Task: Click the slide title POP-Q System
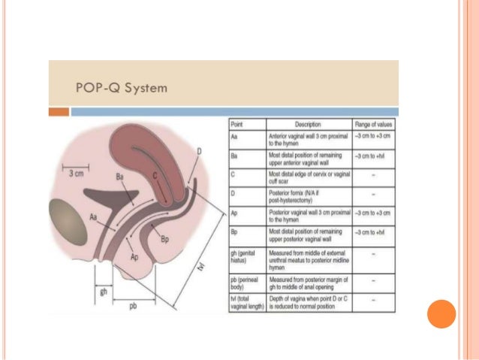point(122,87)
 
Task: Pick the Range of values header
point(373,123)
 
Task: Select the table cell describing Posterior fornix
point(308,199)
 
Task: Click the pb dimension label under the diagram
point(133,307)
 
